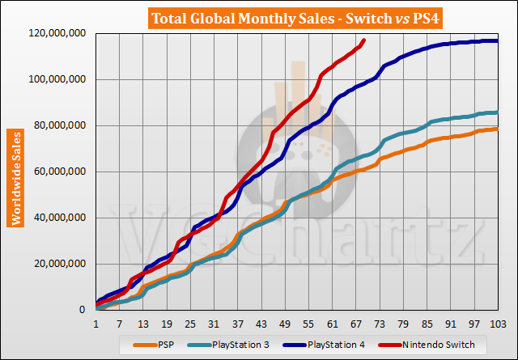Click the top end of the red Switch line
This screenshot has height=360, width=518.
tap(363, 40)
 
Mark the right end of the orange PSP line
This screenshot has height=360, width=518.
tap(497, 129)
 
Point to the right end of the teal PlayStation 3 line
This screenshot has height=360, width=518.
tap(497, 112)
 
